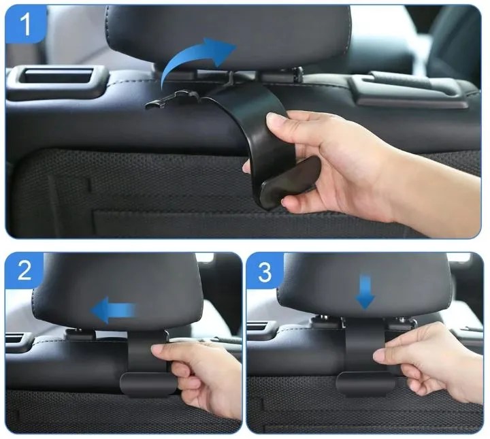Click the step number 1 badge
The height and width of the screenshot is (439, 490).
pyautogui.click(x=26, y=24)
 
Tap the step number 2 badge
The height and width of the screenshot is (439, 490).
pyautogui.click(x=24, y=270)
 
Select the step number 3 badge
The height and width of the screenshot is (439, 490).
pyautogui.click(x=265, y=271)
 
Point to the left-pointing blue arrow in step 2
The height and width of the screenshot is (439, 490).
pyautogui.click(x=113, y=310)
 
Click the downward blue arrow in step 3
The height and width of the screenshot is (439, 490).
pyautogui.click(x=365, y=292)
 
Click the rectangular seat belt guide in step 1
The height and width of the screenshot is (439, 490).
pyautogui.click(x=58, y=79)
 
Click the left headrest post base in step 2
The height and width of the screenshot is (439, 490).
pyautogui.click(x=80, y=334)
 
